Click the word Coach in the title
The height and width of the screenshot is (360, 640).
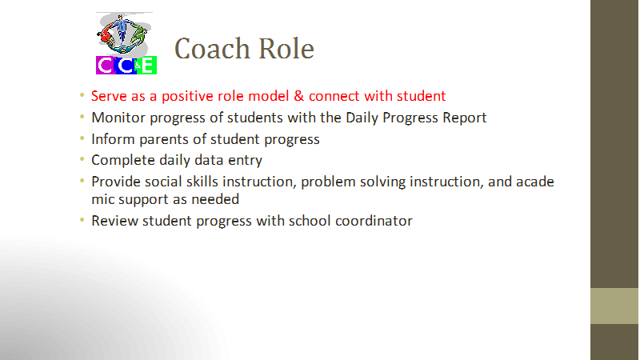212,49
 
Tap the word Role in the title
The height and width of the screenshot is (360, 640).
286,49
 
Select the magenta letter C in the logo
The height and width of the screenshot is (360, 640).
105,66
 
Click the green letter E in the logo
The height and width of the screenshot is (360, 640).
148,66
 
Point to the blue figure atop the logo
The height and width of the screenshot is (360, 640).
122,29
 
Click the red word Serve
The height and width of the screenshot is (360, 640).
109,96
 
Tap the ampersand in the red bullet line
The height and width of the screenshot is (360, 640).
298,96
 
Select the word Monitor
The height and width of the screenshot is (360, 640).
118,118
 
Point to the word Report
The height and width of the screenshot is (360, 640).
465,118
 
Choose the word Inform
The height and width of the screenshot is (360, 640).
113,139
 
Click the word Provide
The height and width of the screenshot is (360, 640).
115,182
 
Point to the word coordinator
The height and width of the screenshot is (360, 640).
374,221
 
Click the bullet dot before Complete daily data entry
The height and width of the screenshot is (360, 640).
82,158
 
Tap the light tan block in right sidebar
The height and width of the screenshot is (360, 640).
614,306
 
